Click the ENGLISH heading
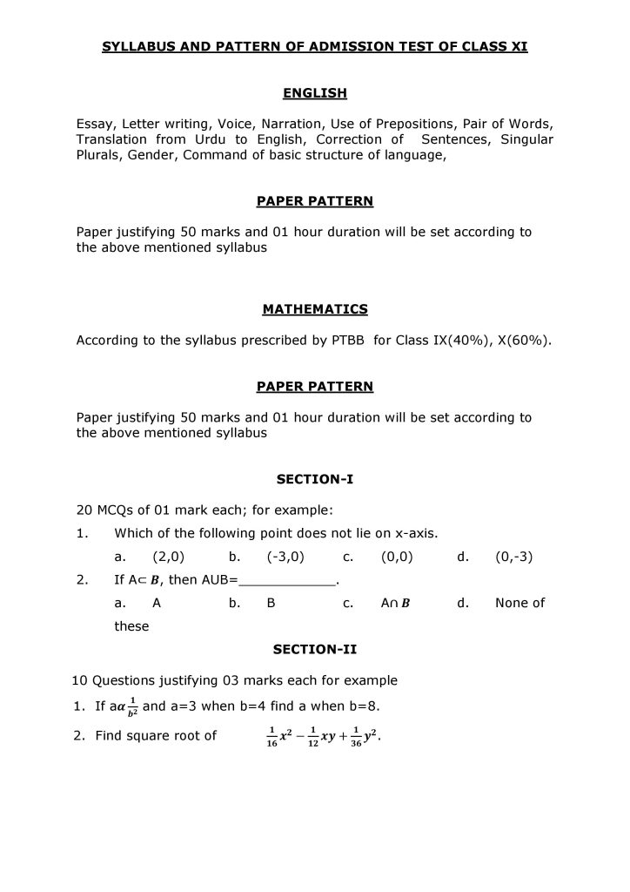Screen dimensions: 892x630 (315, 92)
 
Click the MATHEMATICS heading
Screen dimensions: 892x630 (315, 309)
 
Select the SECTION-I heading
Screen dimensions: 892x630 (315, 479)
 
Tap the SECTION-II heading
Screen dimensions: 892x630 (315, 649)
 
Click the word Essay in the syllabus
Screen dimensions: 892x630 (95, 124)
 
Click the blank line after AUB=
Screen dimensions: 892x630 (287, 580)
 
